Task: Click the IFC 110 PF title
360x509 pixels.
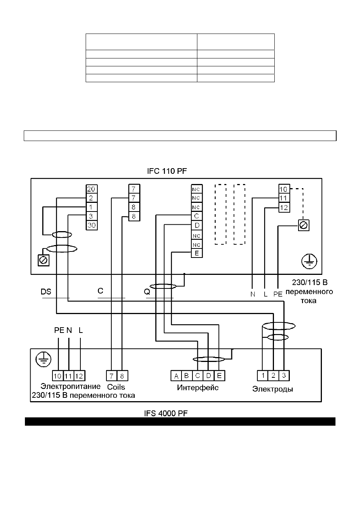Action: coord(167,171)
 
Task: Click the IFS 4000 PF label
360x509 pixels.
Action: coord(166,413)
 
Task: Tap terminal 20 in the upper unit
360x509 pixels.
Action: coord(92,189)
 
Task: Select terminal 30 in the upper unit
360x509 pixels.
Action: coord(92,225)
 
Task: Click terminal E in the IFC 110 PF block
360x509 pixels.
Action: coord(197,253)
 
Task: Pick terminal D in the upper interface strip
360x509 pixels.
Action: coord(197,225)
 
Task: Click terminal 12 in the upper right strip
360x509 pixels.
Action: coord(284,207)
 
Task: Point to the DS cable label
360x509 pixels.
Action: coord(46,292)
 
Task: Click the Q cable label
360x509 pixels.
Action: coord(147,292)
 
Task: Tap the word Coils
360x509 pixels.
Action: coord(116,387)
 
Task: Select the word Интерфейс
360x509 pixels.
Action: coord(198,388)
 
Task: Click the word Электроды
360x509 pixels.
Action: coord(272,389)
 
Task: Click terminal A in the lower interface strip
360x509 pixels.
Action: coord(176,376)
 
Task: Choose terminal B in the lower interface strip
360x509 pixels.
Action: coord(187,376)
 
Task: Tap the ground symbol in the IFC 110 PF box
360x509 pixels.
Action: coord(309,261)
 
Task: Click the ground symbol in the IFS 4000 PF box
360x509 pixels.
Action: coord(43,359)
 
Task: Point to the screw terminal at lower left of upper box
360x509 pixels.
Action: coord(43,260)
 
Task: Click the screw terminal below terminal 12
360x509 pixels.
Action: coord(304,225)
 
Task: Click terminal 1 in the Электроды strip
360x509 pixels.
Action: coord(263,376)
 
